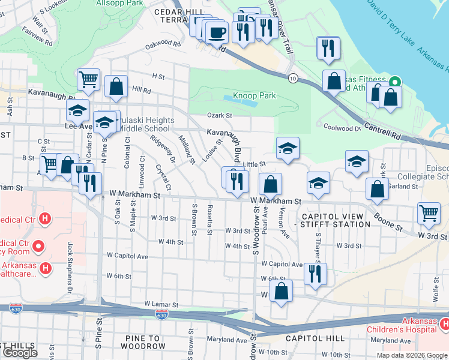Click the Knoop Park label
click(x=254, y=95)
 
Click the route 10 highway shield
click(x=292, y=78)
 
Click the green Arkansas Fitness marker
click(x=395, y=82)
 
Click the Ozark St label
click(x=220, y=115)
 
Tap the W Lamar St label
click(x=162, y=305)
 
